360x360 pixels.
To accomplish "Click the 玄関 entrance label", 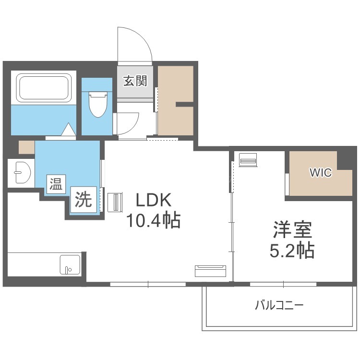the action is pyautogui.click(x=135, y=81).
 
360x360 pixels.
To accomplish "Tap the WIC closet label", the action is pyautogui.click(x=321, y=173).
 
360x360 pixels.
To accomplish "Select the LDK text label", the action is pyautogui.click(x=154, y=200).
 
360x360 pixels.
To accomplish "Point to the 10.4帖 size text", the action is pyautogui.click(x=154, y=220).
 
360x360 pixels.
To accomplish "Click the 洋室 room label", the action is pyautogui.click(x=292, y=229).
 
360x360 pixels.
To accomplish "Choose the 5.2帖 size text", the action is pyautogui.click(x=292, y=251).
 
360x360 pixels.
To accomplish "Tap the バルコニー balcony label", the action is pyautogui.click(x=279, y=305).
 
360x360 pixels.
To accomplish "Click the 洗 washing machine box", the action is pyautogui.click(x=84, y=199).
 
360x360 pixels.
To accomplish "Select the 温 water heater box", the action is pyautogui.click(x=56, y=184).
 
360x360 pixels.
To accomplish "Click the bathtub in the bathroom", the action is pyautogui.click(x=44, y=87).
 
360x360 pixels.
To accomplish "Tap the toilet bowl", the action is pyautogui.click(x=98, y=104).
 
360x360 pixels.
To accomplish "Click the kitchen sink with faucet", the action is pyautogui.click(x=70, y=264).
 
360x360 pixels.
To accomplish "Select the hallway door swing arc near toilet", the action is pyautogui.click(x=133, y=127).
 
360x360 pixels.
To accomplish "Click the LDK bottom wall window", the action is pyautogui.click(x=148, y=284).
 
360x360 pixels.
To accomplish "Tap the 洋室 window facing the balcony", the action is pyautogui.click(x=283, y=284).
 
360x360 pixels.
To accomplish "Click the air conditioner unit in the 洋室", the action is pyautogui.click(x=248, y=159).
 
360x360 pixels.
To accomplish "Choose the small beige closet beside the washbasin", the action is pyautogui.click(x=26, y=147).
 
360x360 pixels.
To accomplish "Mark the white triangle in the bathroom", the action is pyautogui.click(x=69, y=129).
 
